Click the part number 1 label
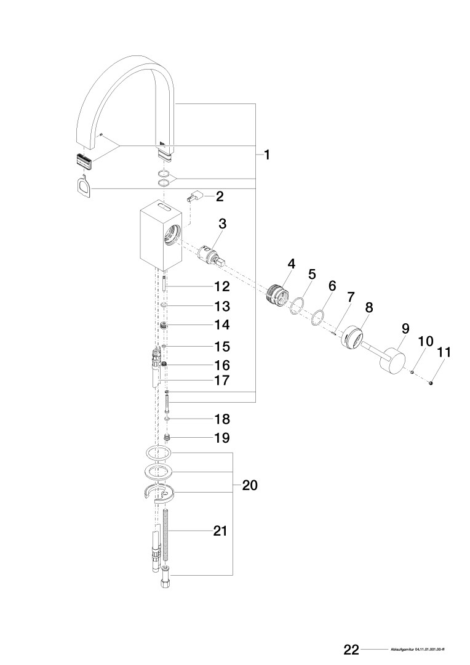click(267, 155)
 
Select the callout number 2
click(220, 196)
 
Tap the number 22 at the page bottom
click(351, 650)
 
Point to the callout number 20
click(250, 485)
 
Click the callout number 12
click(221, 286)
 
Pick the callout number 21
click(220, 531)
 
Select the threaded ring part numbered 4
click(277, 294)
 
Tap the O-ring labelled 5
click(298, 306)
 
